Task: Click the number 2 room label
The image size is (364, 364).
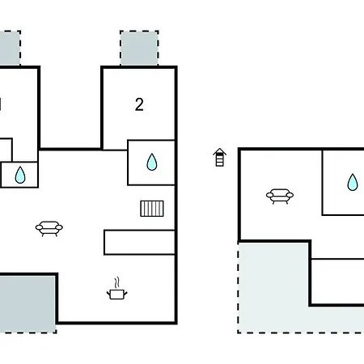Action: click(139, 104)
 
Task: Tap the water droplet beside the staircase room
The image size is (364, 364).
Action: click(152, 162)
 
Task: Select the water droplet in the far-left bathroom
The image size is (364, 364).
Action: click(20, 175)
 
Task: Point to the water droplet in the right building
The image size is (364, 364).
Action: click(353, 183)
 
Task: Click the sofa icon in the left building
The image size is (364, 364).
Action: click(49, 229)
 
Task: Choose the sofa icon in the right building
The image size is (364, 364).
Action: click(280, 197)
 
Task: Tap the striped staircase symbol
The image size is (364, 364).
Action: click(152, 209)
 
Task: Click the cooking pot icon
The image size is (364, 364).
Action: click(117, 294)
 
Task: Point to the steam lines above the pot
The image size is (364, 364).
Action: click(116, 282)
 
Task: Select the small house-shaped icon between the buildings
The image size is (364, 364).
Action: click(219, 158)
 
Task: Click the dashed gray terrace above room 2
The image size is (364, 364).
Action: click(139, 48)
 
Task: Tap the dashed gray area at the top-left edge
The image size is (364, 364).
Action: click(10, 48)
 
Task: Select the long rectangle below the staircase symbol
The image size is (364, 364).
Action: click(139, 243)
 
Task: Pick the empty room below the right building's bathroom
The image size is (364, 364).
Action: click(338, 281)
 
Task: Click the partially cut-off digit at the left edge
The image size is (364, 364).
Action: click(1, 104)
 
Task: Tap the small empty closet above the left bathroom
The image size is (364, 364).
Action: click(6, 150)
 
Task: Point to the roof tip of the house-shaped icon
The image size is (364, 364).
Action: click(219, 148)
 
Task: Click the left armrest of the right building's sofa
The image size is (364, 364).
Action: click(269, 195)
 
